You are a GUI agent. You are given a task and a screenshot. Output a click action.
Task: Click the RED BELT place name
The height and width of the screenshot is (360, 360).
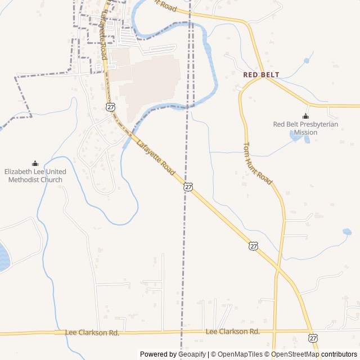point(261,74)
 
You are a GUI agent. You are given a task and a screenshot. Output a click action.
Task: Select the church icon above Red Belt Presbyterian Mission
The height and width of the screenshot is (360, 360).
point(305,116)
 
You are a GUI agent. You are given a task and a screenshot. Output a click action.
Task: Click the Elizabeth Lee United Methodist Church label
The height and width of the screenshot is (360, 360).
point(35,175)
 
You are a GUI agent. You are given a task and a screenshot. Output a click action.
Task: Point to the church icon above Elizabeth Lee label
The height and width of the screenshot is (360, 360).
point(35,163)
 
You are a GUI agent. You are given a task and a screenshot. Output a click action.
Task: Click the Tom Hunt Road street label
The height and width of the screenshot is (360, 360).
point(257,163)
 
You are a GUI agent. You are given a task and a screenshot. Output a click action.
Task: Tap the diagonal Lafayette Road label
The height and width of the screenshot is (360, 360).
point(156,157)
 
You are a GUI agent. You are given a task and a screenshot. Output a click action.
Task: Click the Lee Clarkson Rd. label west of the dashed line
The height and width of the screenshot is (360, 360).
point(92,333)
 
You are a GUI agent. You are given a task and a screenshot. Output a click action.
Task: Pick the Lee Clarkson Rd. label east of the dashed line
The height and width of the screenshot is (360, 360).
point(233,332)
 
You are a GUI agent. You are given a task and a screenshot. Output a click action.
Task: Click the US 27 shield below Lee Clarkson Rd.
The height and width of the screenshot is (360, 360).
point(312,338)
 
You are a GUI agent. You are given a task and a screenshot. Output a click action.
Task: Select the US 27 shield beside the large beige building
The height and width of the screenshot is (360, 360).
point(111,106)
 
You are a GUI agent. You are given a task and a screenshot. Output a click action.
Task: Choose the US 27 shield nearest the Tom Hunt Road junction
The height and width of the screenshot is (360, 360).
point(254,246)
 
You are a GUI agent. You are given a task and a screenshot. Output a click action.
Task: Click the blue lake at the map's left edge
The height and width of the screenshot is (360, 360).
point(3,258)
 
